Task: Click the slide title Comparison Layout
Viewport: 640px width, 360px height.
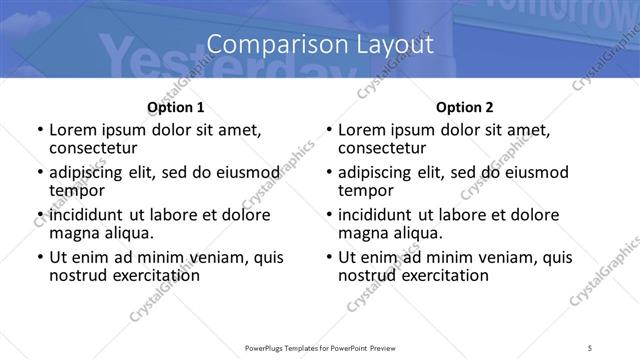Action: [320, 44]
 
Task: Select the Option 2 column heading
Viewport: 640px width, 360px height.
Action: [465, 107]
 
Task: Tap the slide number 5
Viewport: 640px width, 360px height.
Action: [591, 348]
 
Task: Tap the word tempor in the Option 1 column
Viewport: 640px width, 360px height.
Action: [77, 190]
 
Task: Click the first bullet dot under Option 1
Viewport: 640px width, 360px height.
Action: [39, 130]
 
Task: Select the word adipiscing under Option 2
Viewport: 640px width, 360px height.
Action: [377, 172]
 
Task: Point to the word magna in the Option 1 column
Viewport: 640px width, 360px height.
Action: [74, 233]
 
